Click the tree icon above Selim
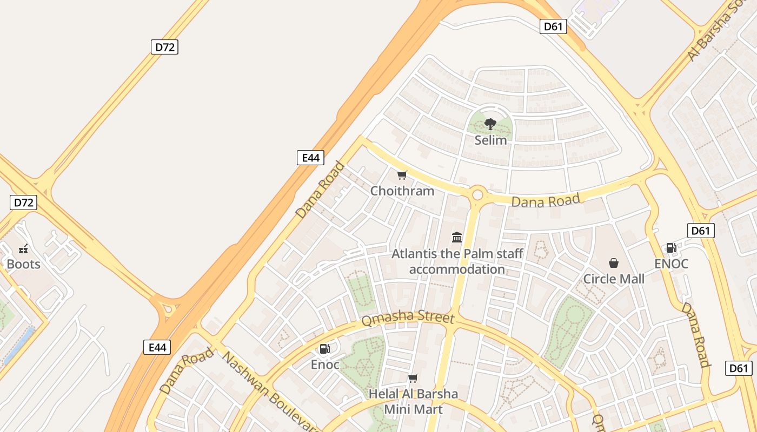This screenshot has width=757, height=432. [490, 124]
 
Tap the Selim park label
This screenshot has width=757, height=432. [490, 140]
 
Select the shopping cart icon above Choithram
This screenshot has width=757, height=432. [402, 175]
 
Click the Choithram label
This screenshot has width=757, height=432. [402, 191]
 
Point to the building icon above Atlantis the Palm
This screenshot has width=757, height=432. [457, 237]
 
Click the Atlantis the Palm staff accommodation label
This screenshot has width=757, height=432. [457, 261]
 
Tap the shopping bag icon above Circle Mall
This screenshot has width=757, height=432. [614, 263]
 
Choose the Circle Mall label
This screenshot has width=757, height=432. [614, 279]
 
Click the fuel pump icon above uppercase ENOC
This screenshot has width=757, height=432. [671, 248]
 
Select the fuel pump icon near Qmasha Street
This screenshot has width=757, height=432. [324, 349]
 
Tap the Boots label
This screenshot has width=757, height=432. [23, 264]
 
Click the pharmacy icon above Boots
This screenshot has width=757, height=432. [23, 249]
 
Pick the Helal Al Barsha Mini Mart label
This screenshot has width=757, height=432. [413, 402]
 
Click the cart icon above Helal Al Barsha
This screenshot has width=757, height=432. [413, 378]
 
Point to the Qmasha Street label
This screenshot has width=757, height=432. [408, 318]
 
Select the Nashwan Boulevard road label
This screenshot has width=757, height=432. [270, 392]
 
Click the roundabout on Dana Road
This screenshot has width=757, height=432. [477, 195]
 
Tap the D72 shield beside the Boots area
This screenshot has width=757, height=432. [23, 203]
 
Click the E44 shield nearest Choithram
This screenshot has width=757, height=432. [310, 158]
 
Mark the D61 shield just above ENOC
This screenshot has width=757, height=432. [701, 231]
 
